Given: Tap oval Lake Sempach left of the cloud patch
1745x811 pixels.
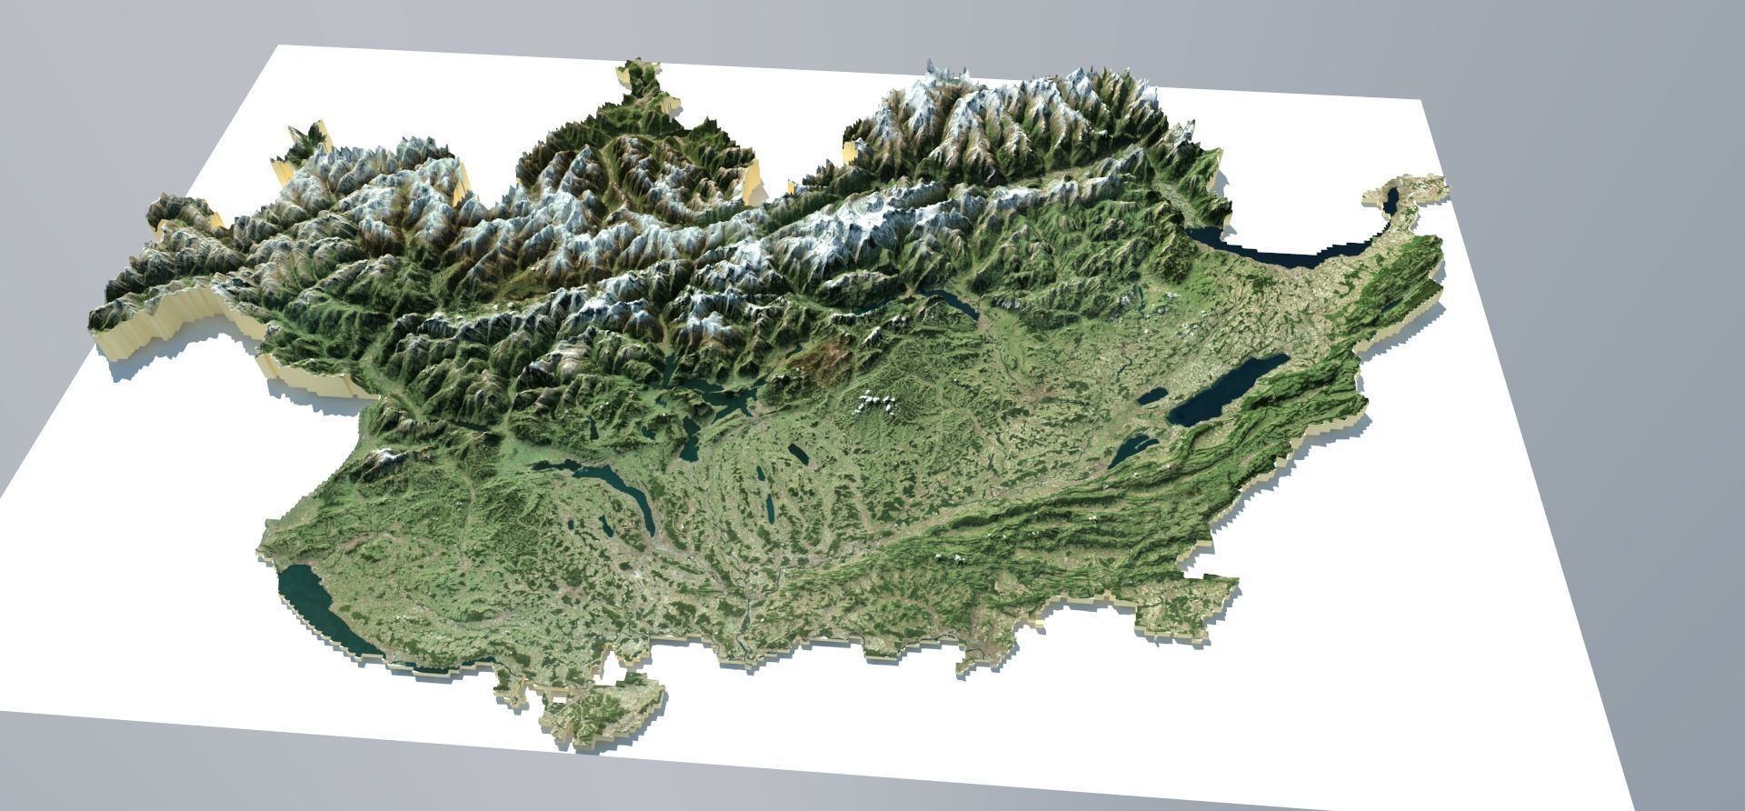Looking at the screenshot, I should [797, 452].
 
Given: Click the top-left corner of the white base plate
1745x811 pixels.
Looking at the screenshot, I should [274, 45].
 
